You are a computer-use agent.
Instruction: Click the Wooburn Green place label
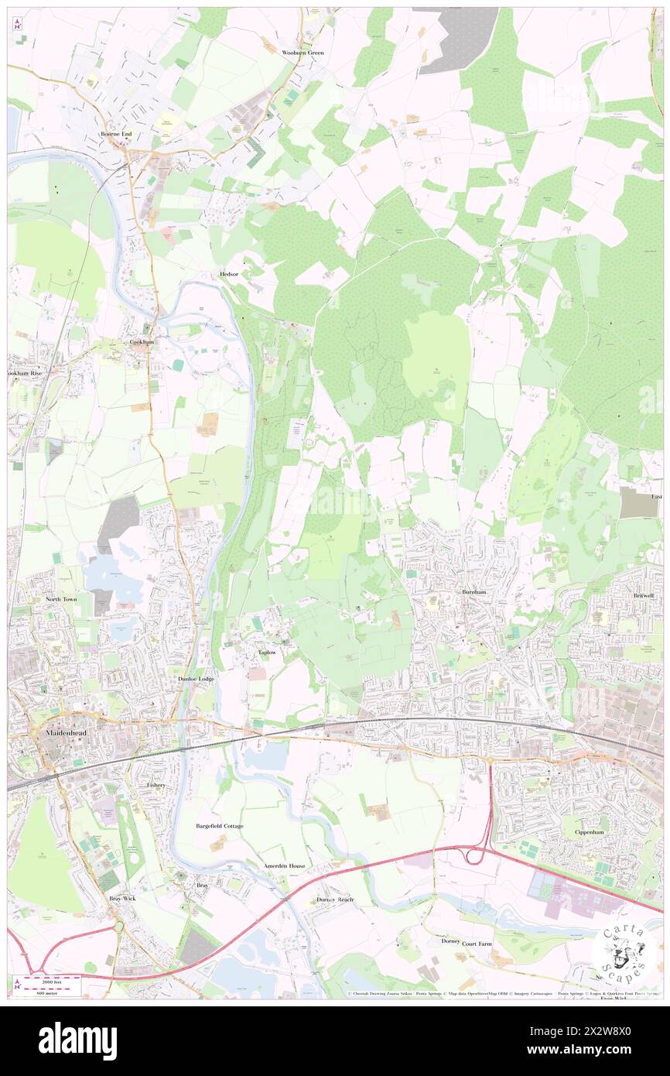pos(303,53)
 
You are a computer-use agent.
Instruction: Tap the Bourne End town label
pos(116,134)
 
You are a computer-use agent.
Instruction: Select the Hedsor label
pos(228,274)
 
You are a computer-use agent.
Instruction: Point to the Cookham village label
pos(142,341)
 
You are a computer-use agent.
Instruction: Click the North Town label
pos(61,599)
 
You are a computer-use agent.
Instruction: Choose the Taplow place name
pos(266,653)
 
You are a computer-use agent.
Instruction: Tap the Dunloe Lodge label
pos(197,678)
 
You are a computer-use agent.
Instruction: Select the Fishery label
pos(156,784)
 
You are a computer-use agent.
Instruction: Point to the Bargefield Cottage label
pos(219,826)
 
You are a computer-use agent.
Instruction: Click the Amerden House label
pos(284,865)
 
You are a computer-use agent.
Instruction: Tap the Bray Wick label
pos(122,898)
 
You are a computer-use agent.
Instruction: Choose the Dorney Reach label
pos(335,900)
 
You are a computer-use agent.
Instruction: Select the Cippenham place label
pos(590,831)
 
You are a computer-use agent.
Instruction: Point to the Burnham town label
pos(473,591)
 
